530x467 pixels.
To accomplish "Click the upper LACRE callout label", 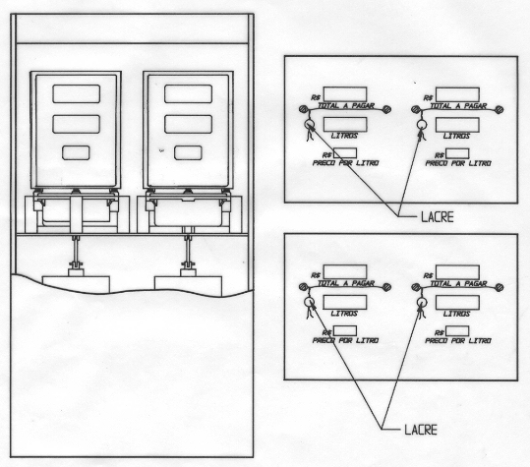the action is [437, 217].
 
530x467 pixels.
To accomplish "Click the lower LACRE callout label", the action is [421, 430].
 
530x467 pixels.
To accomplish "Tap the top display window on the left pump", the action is [77, 94].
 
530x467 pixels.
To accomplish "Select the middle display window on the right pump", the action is [188, 124].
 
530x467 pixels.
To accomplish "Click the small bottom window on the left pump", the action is [76, 152].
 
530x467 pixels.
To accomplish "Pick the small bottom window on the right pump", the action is [188, 152].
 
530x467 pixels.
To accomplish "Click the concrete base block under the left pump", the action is [76, 284].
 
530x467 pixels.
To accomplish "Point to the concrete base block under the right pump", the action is [188, 286].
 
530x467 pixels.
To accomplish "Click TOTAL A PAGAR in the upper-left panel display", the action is [346, 106].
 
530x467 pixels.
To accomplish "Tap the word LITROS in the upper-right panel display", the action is [456, 136].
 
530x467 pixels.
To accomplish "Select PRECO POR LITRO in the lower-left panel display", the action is [345, 340].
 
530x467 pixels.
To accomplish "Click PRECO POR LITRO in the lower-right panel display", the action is [458, 340].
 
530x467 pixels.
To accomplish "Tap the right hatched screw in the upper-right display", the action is [499, 109].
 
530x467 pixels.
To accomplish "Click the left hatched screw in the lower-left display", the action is [304, 287].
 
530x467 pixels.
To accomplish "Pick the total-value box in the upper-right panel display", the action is [457, 94].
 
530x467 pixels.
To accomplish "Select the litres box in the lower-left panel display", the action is [345, 302].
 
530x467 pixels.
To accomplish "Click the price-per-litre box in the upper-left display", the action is [345, 153].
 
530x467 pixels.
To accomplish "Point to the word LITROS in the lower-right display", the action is [456, 314].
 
